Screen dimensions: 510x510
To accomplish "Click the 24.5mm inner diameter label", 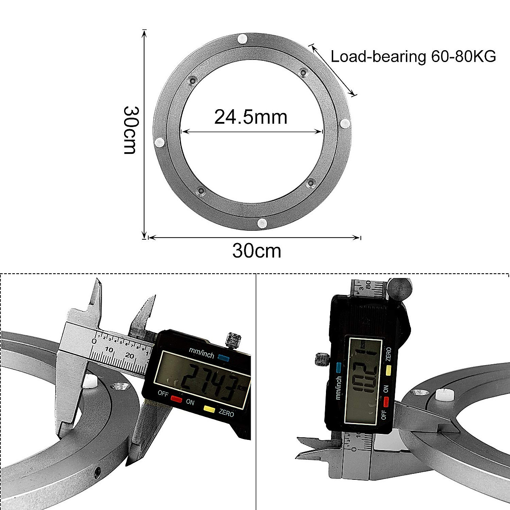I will pos(251,117).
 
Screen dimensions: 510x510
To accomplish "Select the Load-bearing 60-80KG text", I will pos(413,57).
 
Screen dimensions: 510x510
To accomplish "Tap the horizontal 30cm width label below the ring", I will pos(257,251).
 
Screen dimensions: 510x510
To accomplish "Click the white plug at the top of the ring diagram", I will pos(243,39).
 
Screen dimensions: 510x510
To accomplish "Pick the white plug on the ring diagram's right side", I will pos(345,124).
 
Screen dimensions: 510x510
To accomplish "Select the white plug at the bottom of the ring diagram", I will pos(262,223).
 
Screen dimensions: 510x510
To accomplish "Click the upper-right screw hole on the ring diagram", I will pos(303,73).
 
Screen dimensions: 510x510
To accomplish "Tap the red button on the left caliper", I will pos(176,399).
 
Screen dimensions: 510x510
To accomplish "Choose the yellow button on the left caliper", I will pos(209,409).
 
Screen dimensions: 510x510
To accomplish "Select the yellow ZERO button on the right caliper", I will pos(388,371).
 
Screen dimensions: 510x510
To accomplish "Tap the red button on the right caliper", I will pos(386,402).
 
